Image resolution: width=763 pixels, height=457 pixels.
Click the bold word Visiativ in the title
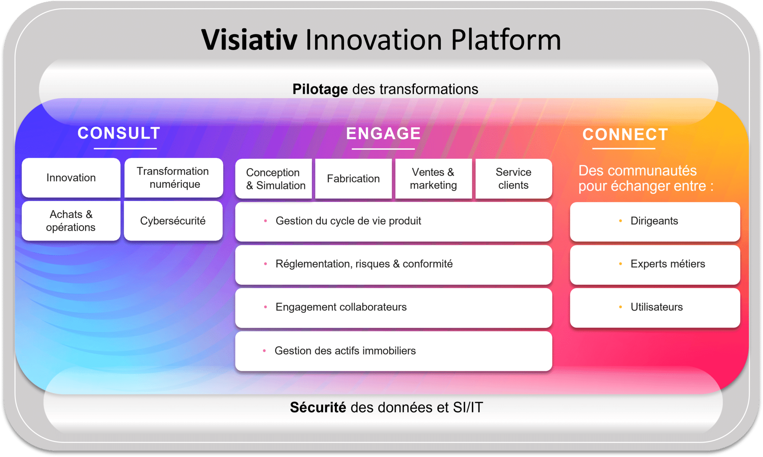pyautogui.click(x=249, y=40)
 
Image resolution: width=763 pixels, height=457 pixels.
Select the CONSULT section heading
pyautogui.click(x=119, y=133)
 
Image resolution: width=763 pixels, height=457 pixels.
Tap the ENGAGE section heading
pyautogui.click(x=383, y=133)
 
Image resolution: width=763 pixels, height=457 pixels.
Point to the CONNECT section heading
pyautogui.click(x=625, y=135)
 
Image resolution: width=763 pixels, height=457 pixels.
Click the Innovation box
pyautogui.click(x=71, y=178)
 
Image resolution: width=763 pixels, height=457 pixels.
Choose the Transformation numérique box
pyautogui.click(x=174, y=178)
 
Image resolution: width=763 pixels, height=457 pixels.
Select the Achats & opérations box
pyautogui.click(x=71, y=221)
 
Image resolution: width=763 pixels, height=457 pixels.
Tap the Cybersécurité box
pyautogui.click(x=173, y=221)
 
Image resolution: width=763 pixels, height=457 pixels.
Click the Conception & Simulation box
pyautogui.click(x=274, y=179)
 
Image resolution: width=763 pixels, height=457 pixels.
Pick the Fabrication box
pyautogui.click(x=354, y=179)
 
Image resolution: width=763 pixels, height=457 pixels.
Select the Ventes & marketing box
pyautogui.click(x=434, y=179)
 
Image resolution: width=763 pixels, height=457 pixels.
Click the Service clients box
pyautogui.click(x=514, y=179)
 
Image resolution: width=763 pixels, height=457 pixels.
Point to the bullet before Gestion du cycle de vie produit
pyautogui.click(x=265, y=221)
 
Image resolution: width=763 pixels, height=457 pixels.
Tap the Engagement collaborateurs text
pyautogui.click(x=341, y=307)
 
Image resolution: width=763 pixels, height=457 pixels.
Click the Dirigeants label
pyautogui.click(x=654, y=221)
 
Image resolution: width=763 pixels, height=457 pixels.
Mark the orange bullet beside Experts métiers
pyautogui.click(x=620, y=264)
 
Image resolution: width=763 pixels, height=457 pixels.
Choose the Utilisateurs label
pyautogui.click(x=656, y=307)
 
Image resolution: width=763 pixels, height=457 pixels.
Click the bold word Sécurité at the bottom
pyautogui.click(x=318, y=407)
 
